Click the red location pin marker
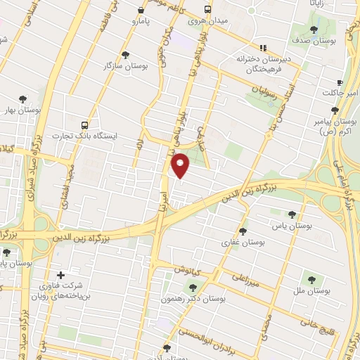pyautogui.click(x=181, y=166)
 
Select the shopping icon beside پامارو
pyautogui.click(x=141, y=11)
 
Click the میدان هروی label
pyautogui.click(x=207, y=21)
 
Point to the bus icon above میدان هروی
pyautogui.click(x=207, y=10)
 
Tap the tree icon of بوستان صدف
pyautogui.click(x=314, y=30)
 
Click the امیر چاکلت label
pyautogui.click(x=340, y=93)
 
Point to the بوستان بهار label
pyautogui.click(x=18, y=110)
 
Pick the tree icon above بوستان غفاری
pyautogui.click(x=243, y=231)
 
